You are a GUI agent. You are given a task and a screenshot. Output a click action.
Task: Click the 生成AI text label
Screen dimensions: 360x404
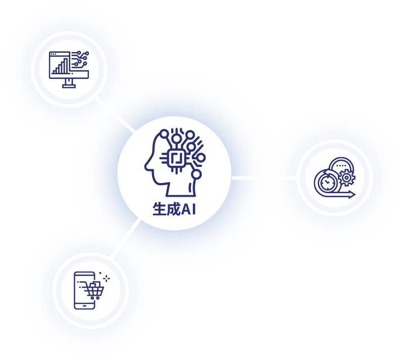(x=174, y=209)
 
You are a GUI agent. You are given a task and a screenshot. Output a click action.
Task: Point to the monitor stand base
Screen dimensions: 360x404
(x=69, y=86)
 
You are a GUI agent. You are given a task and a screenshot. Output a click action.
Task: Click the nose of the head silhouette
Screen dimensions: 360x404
(x=146, y=165)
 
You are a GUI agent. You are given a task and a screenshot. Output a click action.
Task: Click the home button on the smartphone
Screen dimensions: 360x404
(x=84, y=305)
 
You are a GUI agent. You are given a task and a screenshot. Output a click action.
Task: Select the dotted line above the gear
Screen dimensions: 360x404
(x=342, y=166)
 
